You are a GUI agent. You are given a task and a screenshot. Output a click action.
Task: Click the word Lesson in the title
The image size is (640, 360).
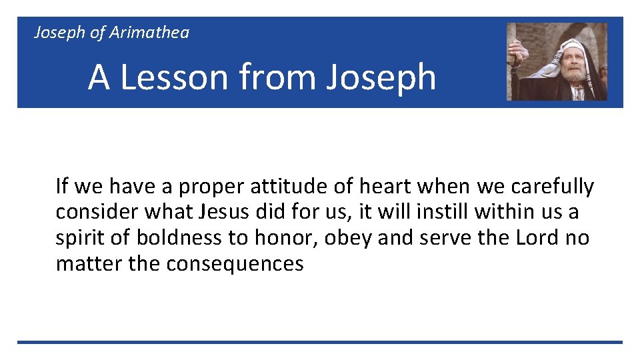(x=175, y=77)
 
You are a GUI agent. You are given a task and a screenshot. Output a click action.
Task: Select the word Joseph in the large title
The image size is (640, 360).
(x=381, y=77)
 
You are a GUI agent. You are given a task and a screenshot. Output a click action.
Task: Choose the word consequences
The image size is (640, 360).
(x=235, y=264)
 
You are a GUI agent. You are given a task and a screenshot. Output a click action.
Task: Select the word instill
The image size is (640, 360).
(x=443, y=212)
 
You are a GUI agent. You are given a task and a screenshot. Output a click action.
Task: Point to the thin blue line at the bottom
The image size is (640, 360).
(x=320, y=342)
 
